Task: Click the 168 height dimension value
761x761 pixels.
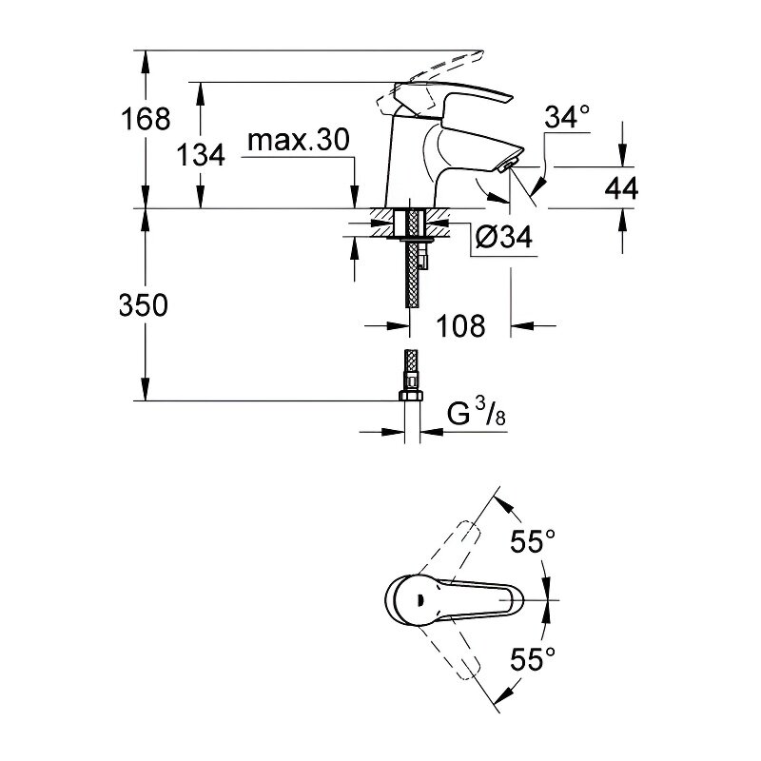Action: pos(146,118)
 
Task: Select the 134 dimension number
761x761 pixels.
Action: pos(201,155)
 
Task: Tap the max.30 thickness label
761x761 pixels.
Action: pos(298,140)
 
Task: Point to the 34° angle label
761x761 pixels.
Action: pos(567,117)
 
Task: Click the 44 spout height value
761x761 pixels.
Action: pos(621,187)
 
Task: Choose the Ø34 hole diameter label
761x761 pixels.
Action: pos(504,237)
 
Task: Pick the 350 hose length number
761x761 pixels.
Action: pos(144,305)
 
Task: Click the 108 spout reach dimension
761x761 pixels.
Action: pos(460,325)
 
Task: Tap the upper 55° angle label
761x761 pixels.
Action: pos(532,540)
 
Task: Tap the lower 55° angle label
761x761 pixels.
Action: pos(532,659)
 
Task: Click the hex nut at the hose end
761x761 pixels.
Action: pos(411,395)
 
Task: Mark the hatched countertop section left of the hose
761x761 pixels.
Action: pos(383,224)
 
